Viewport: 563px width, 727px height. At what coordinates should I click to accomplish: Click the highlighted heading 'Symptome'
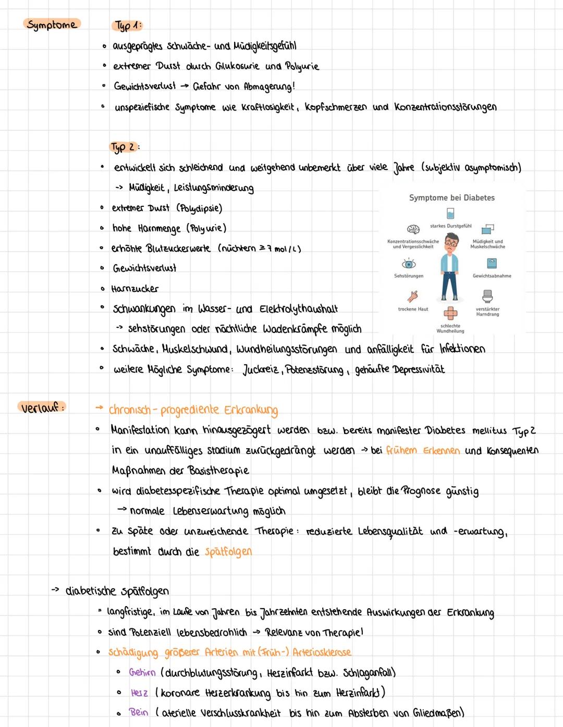(x=52, y=24)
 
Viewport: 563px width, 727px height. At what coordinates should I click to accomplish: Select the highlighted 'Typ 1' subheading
(x=127, y=26)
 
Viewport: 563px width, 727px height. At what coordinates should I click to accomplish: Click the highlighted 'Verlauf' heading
(x=42, y=408)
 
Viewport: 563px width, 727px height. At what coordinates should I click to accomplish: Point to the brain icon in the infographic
(x=413, y=229)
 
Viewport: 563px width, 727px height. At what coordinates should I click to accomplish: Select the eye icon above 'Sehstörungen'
(x=409, y=264)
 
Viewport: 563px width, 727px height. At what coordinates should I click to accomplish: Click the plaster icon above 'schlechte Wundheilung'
(x=450, y=313)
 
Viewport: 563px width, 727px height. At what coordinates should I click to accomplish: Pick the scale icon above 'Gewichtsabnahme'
(x=492, y=263)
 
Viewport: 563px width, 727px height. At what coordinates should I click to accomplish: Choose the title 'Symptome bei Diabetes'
(x=451, y=198)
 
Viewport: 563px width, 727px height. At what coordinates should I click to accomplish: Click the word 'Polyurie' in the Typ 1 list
(x=302, y=67)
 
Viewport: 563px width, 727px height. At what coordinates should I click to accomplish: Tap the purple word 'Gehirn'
(x=142, y=672)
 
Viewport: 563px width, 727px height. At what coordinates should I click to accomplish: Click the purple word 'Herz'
(x=139, y=693)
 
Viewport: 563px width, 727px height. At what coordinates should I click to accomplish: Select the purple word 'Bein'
(x=139, y=712)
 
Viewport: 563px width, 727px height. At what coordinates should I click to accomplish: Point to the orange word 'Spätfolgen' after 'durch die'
(x=228, y=551)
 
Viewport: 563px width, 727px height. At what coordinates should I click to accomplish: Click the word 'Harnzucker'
(x=135, y=289)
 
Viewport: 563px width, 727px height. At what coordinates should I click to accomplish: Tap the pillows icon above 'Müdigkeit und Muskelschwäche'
(x=487, y=229)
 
